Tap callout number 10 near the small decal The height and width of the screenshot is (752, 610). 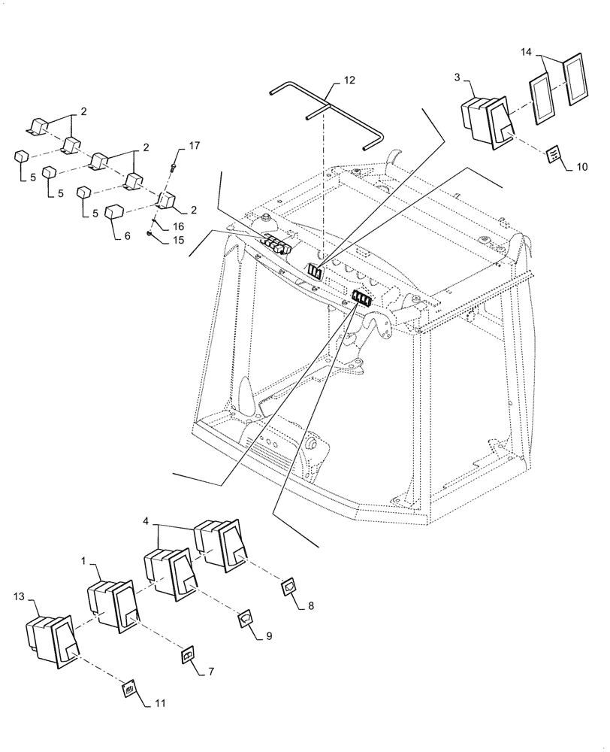(581, 166)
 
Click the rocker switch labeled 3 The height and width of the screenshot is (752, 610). (487, 119)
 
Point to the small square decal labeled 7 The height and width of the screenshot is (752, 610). (189, 657)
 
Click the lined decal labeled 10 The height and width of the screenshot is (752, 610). (552, 154)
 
